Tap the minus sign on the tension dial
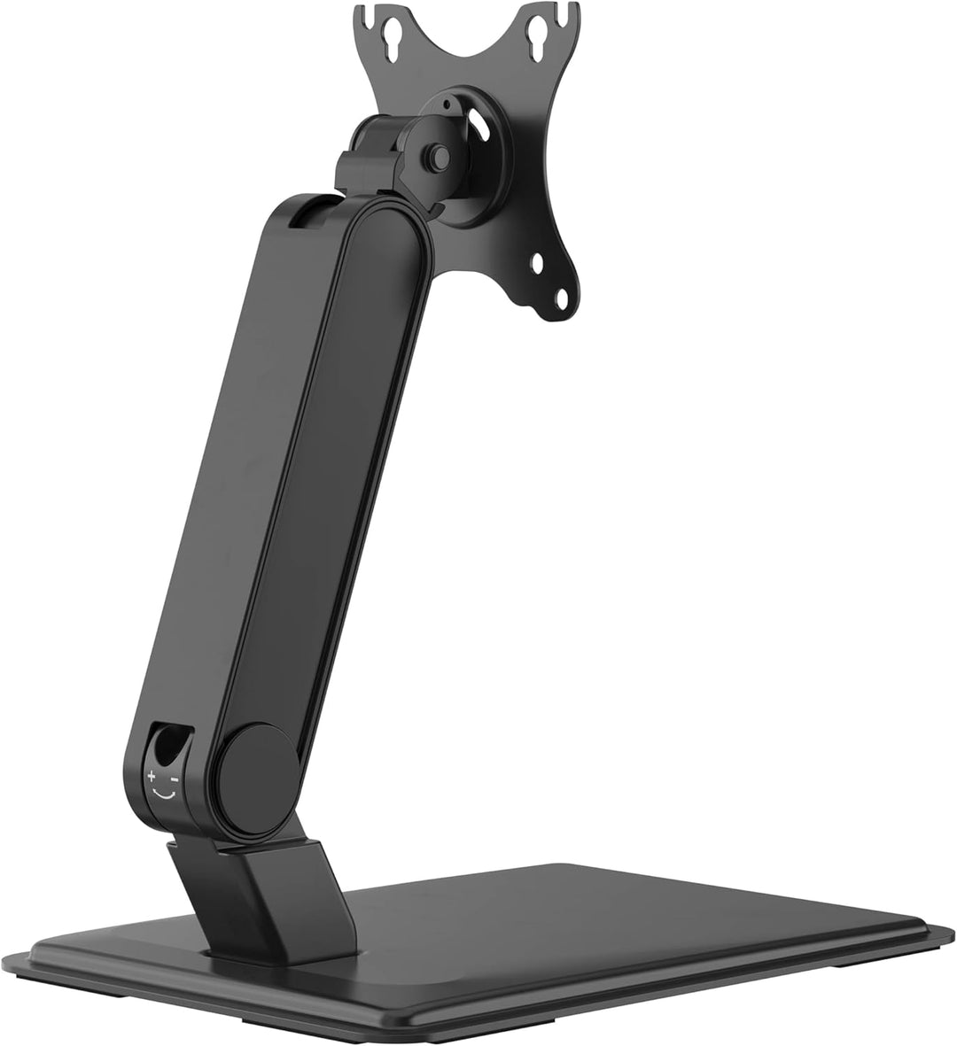coord(175,779)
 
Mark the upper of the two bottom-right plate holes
coord(538,262)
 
